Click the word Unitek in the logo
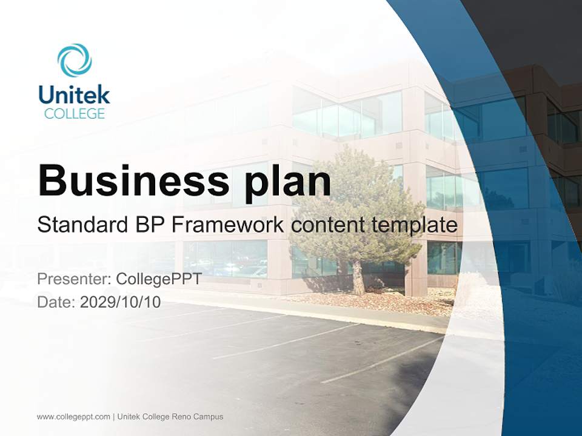tap(75, 94)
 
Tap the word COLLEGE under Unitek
tap(75, 113)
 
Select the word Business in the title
tap(125, 180)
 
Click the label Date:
tap(56, 302)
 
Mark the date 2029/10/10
tap(121, 302)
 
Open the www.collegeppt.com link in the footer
tap(73, 417)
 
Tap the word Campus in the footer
tap(212, 417)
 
